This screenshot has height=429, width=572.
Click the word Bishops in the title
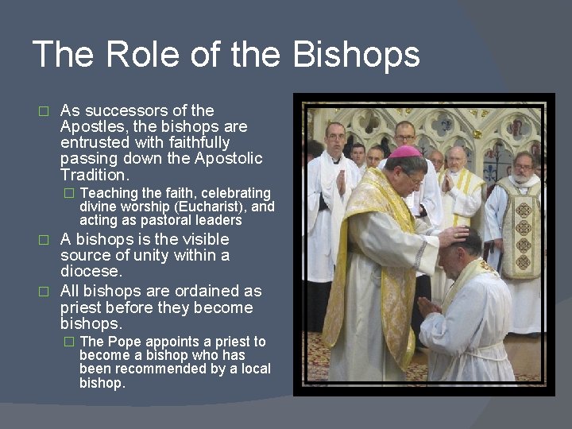(356, 55)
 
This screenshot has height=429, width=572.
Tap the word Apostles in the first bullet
(91, 126)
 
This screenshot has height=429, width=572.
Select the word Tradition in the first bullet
(94, 175)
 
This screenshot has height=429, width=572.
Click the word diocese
(91, 272)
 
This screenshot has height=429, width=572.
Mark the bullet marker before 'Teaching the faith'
(69, 194)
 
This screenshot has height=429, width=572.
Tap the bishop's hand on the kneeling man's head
(453, 235)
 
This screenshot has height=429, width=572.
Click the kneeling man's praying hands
(429, 306)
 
